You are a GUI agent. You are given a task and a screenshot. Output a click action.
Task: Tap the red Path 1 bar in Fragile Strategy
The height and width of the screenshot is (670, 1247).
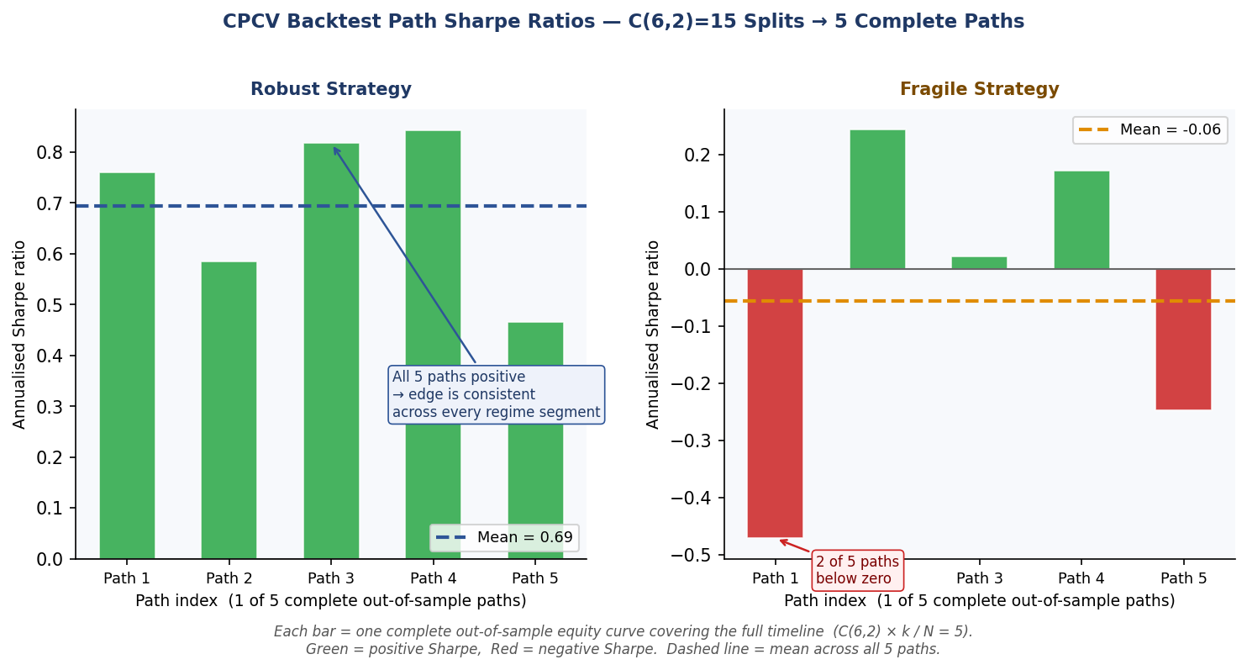point(775,403)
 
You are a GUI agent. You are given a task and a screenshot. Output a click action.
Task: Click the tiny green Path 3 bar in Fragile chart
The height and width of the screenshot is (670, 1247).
point(979,263)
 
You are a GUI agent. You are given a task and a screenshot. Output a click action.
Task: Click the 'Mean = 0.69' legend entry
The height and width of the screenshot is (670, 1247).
point(504,538)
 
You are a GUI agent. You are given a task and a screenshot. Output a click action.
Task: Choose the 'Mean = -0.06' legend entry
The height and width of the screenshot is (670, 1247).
point(1150,130)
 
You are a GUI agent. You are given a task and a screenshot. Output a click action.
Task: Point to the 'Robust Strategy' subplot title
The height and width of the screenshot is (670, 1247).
point(331,90)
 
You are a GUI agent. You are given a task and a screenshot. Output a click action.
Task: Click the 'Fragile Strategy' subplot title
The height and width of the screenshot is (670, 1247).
point(979,90)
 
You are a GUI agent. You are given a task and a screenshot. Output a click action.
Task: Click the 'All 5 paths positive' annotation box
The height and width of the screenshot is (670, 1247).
point(496,394)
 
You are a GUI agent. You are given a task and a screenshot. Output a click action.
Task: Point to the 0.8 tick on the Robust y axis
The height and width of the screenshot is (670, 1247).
point(49,153)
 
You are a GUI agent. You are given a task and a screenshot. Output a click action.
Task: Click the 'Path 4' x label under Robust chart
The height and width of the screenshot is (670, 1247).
point(434,578)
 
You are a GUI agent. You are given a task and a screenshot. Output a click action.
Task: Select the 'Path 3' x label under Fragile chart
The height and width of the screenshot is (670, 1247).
point(979,578)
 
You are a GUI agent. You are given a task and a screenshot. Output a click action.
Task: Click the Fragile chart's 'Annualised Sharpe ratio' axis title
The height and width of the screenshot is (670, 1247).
point(653,334)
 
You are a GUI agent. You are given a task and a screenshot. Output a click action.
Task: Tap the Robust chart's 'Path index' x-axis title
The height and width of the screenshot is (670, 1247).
point(331,601)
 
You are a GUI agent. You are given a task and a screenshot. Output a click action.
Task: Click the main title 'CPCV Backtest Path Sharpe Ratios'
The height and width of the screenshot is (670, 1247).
point(623,22)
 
